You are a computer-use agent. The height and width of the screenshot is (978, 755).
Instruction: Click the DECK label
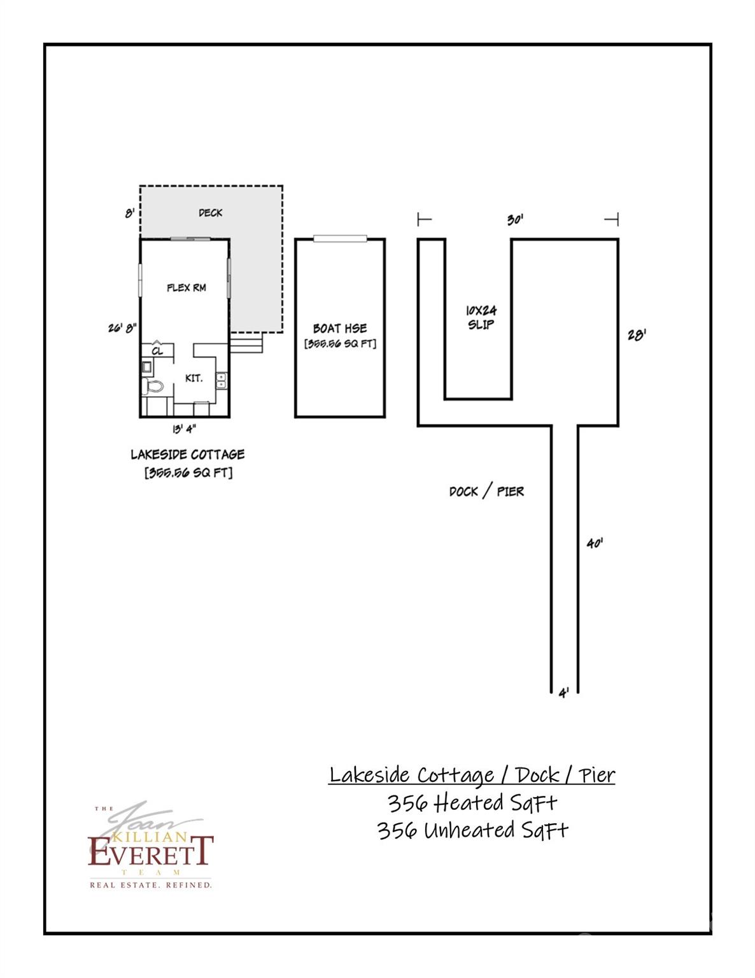pyautogui.click(x=210, y=213)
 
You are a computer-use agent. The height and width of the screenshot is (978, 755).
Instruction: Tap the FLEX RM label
pyautogui.click(x=187, y=288)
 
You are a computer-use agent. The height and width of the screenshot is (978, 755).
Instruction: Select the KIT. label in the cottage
pyautogui.click(x=194, y=378)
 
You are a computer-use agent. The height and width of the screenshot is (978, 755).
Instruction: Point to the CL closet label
pyautogui.click(x=157, y=351)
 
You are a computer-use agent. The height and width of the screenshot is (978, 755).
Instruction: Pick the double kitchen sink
pyautogui.click(x=221, y=381)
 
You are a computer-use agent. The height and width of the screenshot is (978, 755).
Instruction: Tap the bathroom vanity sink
pyautogui.click(x=147, y=367)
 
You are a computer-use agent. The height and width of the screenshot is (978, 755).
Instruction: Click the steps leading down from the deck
pyautogui.click(x=246, y=344)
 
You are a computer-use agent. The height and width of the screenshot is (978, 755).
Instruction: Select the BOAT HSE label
pyautogui.click(x=340, y=329)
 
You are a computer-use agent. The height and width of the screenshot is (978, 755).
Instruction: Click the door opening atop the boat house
pyautogui.click(x=341, y=239)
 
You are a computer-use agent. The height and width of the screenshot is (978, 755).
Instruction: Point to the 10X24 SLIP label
pyautogui.click(x=481, y=317)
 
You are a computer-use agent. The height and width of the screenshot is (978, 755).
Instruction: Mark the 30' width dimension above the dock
pyautogui.click(x=515, y=220)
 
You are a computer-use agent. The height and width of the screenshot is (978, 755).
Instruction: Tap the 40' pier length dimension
pyautogui.click(x=595, y=543)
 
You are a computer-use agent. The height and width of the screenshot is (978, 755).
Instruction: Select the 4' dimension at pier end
pyautogui.click(x=563, y=693)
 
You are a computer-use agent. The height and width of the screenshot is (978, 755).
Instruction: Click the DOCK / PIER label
pyautogui.click(x=486, y=492)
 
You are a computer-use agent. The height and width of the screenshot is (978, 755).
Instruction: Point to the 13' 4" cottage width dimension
pyautogui.click(x=184, y=429)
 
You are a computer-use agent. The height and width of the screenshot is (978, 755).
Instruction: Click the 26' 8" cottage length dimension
pyautogui.click(x=122, y=329)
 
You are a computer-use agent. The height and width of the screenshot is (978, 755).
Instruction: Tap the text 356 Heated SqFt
pyautogui.click(x=472, y=803)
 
